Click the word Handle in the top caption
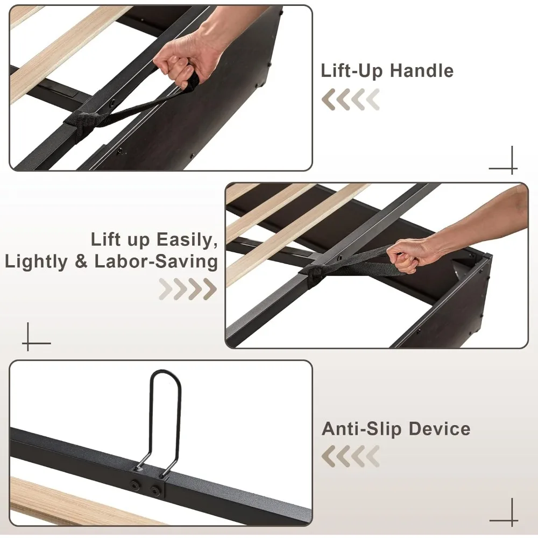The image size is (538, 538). pos(421,70)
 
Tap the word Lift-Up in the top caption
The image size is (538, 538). pos(352,70)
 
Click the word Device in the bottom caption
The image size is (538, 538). pos(439,429)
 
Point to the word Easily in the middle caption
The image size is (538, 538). pos(187,239)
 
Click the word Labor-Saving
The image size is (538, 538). pos(156,261)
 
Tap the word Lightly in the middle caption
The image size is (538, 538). pos(37,261)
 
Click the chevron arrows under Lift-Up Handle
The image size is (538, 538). pos(351,100)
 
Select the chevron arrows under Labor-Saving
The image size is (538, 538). pos(188,289)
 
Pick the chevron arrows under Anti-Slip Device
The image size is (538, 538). pos(351,457)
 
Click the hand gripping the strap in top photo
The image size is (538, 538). pos(180,59)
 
